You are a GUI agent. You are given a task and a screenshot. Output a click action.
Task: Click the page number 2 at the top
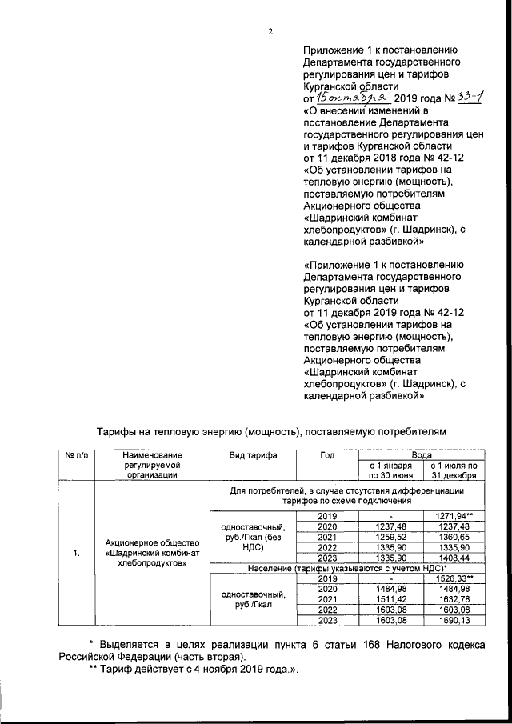pyautogui.click(x=270, y=32)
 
